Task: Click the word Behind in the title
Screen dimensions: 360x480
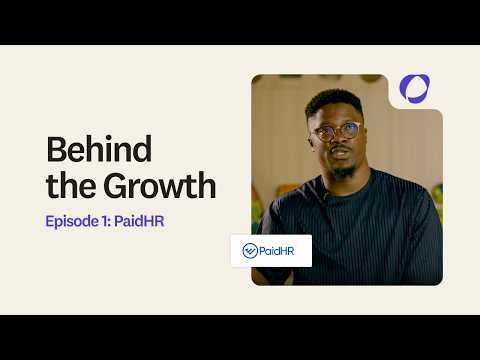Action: coord(99,150)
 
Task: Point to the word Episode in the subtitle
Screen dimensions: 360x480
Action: coord(71,220)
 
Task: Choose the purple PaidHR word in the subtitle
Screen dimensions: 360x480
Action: coord(139,220)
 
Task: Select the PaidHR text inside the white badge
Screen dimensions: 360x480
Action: coord(281,251)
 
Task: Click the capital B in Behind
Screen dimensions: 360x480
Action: coord(55,150)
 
